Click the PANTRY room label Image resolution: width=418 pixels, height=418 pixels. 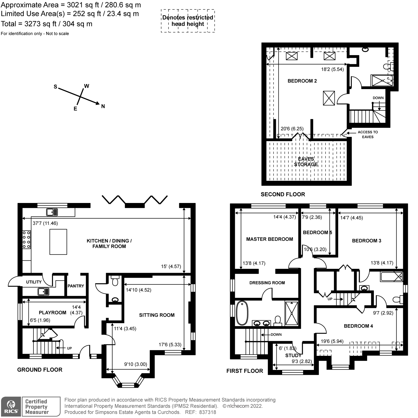coord(76,286)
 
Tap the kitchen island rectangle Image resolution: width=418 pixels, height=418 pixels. coord(58,242)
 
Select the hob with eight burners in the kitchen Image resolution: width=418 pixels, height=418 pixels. coord(26,239)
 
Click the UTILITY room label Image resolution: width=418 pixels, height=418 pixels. coord(34,282)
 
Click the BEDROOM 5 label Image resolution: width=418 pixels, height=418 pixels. coord(317,233)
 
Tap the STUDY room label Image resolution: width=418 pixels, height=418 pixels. coord(293,356)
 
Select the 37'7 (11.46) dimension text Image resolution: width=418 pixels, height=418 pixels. coord(45,223)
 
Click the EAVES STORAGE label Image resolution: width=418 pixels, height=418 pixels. coord(306,162)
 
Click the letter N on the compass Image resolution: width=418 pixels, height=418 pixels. coord(103,106)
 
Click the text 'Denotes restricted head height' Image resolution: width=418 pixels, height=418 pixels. coord(188,21)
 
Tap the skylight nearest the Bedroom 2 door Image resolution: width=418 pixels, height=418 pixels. coord(329,98)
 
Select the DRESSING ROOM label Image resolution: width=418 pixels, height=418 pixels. coord(267,283)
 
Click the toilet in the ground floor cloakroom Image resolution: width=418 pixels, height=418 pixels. coord(114,281)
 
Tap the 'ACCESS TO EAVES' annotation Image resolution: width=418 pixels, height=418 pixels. coord(368,134)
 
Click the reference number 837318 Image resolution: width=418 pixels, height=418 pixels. coord(207,412)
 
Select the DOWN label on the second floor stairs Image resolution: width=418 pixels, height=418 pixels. coord(378,98)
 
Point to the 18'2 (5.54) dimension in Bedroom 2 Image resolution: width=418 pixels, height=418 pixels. coord(332,69)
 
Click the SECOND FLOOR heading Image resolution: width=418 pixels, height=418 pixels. coord(283,194)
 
